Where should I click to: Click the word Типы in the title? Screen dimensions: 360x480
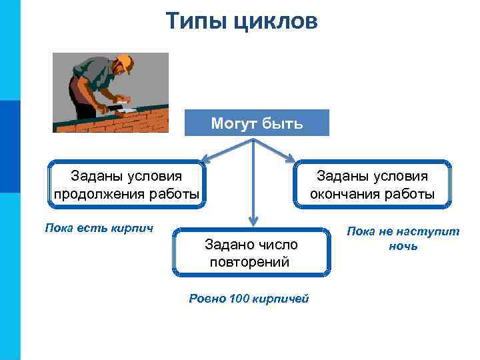coord(197,21)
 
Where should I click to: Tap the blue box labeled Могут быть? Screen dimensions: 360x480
coord(257,123)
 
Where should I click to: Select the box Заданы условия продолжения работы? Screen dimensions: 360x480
coord(126,185)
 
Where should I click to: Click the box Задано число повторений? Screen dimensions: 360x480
coord(251,253)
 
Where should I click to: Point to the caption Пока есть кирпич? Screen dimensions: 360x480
coord(99,228)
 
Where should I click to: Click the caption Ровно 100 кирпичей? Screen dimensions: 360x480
coord(249,298)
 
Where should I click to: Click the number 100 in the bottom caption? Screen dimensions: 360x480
coord(238,298)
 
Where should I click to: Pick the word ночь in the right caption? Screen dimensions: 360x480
coord(403,246)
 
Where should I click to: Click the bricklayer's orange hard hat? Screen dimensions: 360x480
coord(125,63)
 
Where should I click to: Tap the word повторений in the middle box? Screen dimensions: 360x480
coord(249,261)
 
